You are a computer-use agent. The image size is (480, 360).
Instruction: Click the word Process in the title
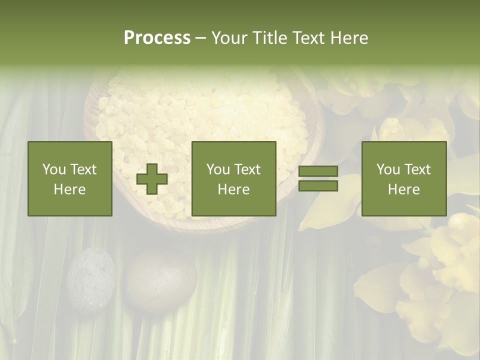point(157,38)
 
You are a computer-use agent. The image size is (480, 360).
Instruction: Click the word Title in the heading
point(270,38)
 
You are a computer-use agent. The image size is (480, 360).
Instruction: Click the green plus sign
point(152,179)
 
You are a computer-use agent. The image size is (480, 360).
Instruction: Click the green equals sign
point(318,178)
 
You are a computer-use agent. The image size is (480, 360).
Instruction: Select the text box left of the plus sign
point(70,178)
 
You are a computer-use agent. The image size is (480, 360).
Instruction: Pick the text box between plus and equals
point(233,178)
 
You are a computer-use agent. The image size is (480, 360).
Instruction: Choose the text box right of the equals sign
point(403,178)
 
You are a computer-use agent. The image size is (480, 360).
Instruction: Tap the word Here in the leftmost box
point(70,189)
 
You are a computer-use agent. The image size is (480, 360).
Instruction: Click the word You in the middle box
point(218,169)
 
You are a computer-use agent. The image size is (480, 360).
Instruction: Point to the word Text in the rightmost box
point(417,169)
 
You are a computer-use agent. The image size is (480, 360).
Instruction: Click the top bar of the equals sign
point(318,171)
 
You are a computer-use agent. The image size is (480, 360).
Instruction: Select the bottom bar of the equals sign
point(318,185)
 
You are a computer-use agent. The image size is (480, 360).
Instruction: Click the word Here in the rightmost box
point(403,189)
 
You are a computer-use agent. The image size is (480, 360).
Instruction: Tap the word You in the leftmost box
point(54,169)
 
